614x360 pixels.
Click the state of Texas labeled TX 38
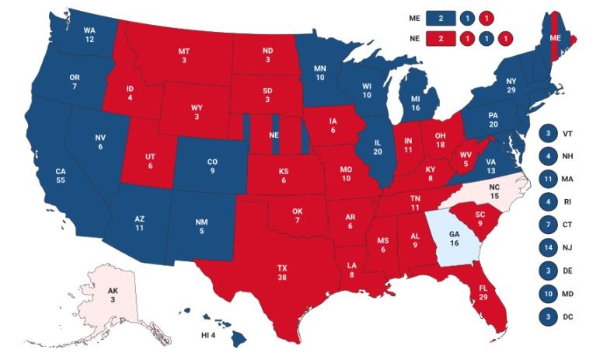pyautogui.click(x=281, y=271)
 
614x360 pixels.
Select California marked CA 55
pyautogui.click(x=60, y=175)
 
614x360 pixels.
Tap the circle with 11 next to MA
pyautogui.click(x=547, y=179)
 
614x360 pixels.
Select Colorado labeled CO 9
pyautogui.click(x=211, y=166)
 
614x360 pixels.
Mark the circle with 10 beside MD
pyautogui.click(x=547, y=294)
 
